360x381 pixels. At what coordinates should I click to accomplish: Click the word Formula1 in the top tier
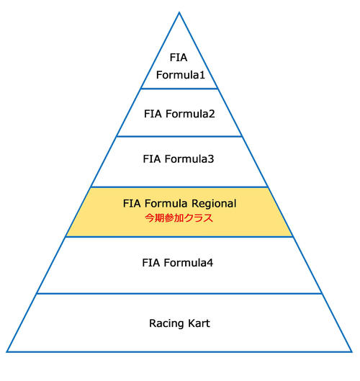(181, 75)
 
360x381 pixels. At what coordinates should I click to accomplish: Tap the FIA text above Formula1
(179, 58)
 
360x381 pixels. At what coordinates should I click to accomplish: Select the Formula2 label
(190, 114)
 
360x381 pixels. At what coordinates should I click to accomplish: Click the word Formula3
(189, 159)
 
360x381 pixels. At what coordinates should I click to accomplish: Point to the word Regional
(214, 204)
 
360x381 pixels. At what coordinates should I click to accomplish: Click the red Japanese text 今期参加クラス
(179, 218)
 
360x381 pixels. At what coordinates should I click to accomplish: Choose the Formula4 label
(188, 263)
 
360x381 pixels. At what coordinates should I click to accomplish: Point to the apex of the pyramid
(179, 12)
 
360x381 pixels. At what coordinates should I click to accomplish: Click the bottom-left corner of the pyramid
(7, 351)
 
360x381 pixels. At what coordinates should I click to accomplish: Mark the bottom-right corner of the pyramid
(351, 351)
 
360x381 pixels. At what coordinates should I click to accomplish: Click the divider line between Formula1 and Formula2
(179, 89)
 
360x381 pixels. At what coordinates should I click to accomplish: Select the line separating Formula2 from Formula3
(179, 136)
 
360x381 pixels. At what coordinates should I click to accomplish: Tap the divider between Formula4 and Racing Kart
(179, 294)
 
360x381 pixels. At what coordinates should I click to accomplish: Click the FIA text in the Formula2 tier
(153, 114)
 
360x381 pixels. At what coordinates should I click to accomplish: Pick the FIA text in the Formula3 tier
(152, 159)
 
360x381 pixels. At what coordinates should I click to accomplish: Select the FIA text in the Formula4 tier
(151, 263)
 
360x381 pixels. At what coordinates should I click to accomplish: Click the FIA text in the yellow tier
(132, 203)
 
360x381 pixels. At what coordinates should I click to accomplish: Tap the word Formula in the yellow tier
(166, 203)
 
